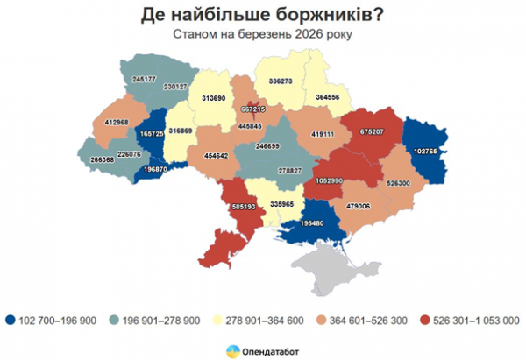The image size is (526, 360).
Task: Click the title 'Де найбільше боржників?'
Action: tap(263, 15)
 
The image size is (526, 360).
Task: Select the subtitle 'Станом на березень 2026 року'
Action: tap(263, 36)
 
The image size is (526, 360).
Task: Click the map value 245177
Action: tap(146, 79)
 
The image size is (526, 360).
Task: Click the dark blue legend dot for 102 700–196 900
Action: tap(10, 320)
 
